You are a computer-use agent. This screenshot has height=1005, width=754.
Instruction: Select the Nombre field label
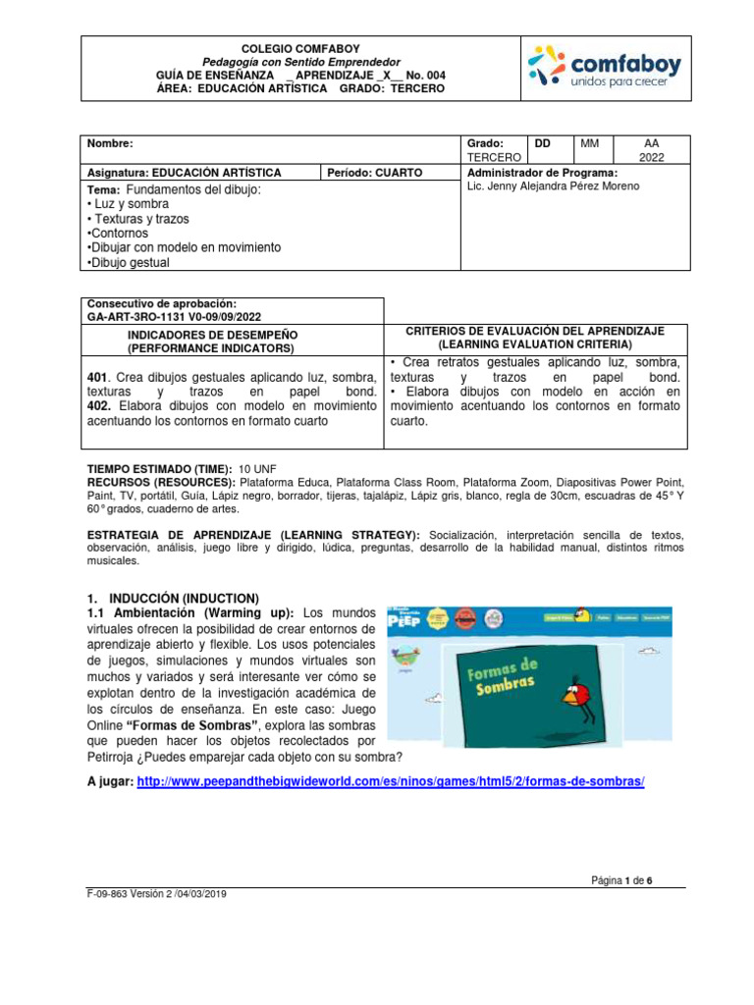point(109,143)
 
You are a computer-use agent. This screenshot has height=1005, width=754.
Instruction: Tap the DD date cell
point(542,143)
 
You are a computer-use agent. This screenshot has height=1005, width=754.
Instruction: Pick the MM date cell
point(589,143)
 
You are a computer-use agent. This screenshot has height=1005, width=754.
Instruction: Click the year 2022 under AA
point(652,157)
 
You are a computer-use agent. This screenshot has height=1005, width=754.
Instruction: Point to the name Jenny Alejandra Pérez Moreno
point(553,186)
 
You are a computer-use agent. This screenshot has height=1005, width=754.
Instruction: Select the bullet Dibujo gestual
point(129,263)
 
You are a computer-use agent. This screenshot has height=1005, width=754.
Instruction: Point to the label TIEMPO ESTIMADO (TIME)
point(160,470)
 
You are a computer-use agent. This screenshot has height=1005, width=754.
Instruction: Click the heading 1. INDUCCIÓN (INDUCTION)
point(173,598)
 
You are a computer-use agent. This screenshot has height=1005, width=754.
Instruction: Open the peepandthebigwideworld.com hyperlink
point(391,781)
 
